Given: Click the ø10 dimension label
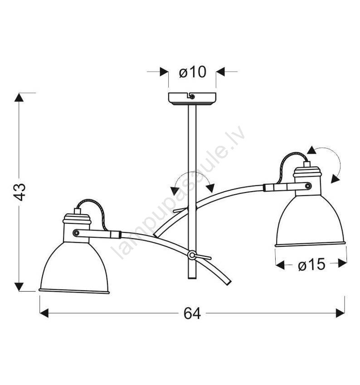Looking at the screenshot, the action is coord(192,72).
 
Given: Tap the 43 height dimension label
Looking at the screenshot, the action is coord(19,192).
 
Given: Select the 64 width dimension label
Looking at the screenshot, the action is coord(192,313).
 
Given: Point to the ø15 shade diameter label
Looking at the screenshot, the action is coord(311,265).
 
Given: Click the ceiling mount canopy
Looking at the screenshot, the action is coord(192,99).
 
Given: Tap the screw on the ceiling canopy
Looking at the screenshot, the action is coord(192,96).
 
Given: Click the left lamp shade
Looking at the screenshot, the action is coord(74,268).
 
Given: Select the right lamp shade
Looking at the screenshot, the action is coord(310,221).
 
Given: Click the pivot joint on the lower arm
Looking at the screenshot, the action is coord(192,255).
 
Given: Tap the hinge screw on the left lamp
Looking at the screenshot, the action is coord(77,232).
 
